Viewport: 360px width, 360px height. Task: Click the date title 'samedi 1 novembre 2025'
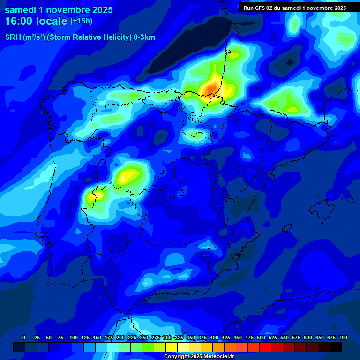pyautogui.click(x=59, y=10)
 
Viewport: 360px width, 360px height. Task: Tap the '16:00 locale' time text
pyautogui.click(x=36, y=21)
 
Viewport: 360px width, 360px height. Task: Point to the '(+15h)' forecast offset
pyautogui.click(x=81, y=21)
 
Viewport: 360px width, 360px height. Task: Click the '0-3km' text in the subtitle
pyautogui.click(x=144, y=37)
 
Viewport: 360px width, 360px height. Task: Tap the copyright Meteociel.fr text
pyautogui.click(x=199, y=357)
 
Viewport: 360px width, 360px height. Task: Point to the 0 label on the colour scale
pyautogui.click(x=24, y=337)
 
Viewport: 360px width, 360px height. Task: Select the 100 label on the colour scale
pyautogui.click(x=74, y=337)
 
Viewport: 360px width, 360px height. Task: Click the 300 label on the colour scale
pyautogui.click(x=167, y=337)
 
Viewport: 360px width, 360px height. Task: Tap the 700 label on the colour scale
pyautogui.click(x=343, y=337)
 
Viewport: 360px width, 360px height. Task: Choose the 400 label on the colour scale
pyautogui.click(x=214, y=337)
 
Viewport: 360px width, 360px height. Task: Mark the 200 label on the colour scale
pyautogui.click(x=120, y=337)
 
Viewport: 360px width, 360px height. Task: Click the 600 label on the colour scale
pyautogui.click(x=308, y=337)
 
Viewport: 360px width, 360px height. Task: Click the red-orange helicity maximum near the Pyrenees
pyautogui.click(x=210, y=88)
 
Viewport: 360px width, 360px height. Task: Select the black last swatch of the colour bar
pyautogui.click(x=336, y=347)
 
